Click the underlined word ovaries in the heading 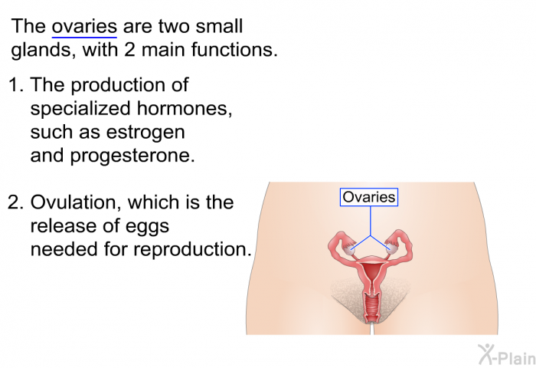(84, 27)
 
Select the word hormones (185, 108)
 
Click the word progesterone (132, 156)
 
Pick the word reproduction (192, 250)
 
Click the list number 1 (16, 85)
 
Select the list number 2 (16, 202)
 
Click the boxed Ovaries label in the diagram (369, 197)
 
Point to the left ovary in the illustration (348, 250)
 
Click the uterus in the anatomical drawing (371, 272)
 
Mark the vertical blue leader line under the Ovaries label (371, 221)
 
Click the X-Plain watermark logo (507, 354)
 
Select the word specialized (80, 109)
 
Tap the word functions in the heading (234, 50)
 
